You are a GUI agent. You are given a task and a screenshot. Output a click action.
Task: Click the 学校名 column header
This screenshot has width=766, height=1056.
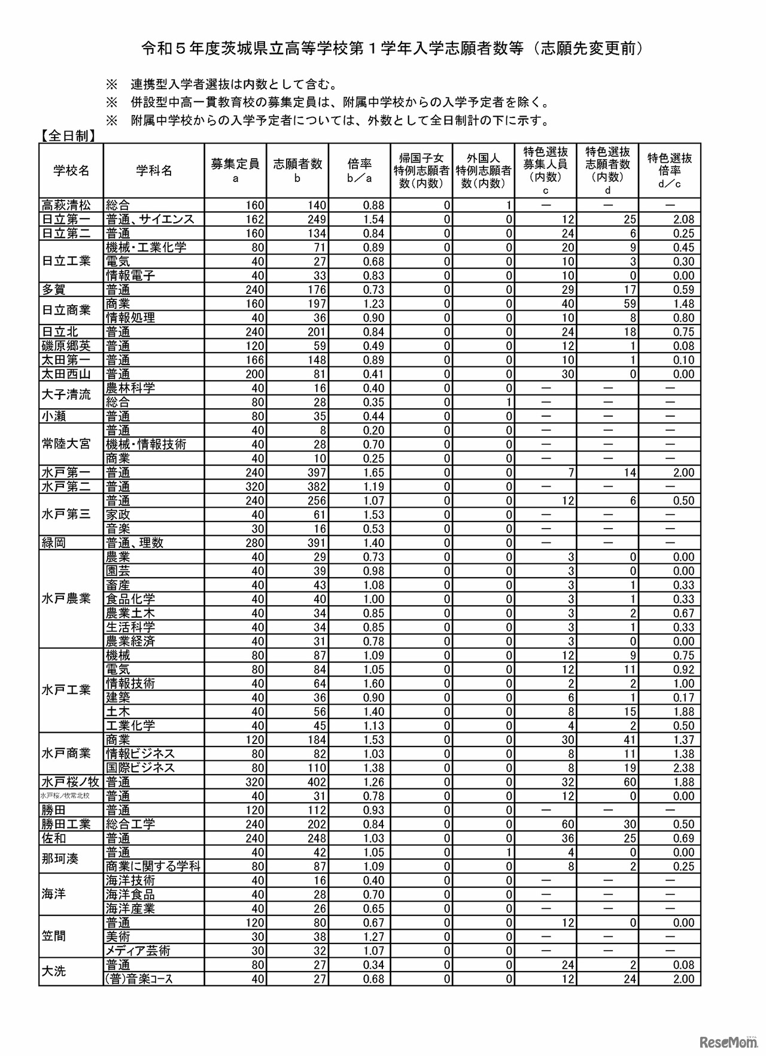tap(71, 171)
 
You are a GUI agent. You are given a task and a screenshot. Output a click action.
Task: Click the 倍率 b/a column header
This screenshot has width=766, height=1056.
tap(360, 170)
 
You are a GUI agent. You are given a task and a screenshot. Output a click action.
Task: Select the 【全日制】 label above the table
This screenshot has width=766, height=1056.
tap(68, 136)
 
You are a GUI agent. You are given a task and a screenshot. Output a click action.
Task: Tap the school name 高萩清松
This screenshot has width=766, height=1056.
tap(66, 205)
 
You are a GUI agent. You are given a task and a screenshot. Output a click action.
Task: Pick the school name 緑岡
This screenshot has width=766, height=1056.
tap(54, 543)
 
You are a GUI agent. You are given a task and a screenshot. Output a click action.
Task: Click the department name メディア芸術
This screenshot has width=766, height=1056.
tap(138, 951)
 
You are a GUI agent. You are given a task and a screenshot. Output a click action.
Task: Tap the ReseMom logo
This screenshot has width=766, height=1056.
tap(726, 1042)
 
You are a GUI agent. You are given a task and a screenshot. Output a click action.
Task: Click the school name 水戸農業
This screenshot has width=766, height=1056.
tap(66, 599)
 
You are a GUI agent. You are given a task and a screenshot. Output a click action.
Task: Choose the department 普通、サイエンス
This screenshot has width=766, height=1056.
tap(150, 219)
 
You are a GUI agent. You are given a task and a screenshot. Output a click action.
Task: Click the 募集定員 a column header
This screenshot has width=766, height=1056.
tap(235, 170)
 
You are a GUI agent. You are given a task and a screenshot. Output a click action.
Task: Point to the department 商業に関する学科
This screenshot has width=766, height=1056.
tap(153, 866)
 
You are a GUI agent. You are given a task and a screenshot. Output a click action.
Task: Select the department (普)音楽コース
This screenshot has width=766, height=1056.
tap(139, 979)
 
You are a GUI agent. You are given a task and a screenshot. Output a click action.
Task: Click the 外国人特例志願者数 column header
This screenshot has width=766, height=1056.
tap(484, 170)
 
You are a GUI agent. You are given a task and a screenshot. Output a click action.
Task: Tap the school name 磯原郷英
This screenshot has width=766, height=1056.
tap(66, 346)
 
